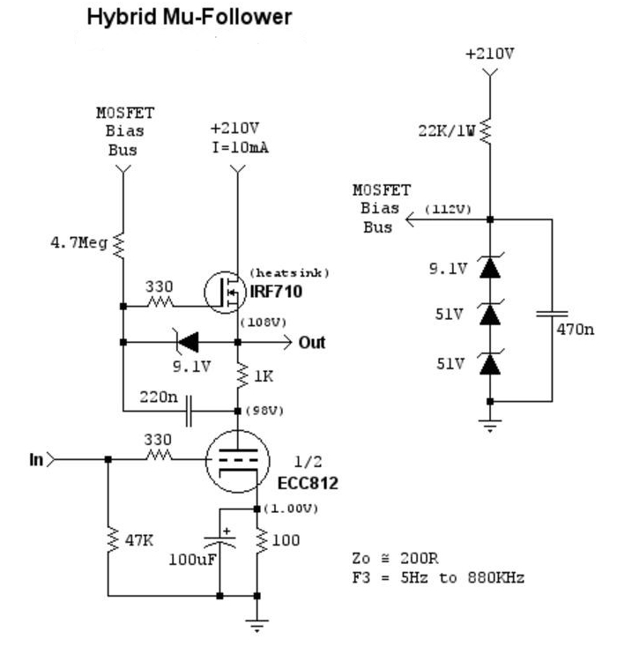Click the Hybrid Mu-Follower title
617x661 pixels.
[x=190, y=18]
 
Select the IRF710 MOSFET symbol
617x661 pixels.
[x=225, y=292]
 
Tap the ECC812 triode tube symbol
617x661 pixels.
[x=237, y=461]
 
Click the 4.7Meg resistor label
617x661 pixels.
[x=78, y=243]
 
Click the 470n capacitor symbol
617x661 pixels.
[x=552, y=314]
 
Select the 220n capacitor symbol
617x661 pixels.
[x=189, y=411]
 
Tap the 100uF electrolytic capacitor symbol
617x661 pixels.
[x=219, y=541]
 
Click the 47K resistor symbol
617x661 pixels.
[x=112, y=539]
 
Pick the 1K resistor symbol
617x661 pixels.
[x=242, y=375]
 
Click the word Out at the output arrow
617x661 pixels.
[x=312, y=342]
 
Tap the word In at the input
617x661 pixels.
[x=37, y=459]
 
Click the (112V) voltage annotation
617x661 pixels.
[x=448, y=209]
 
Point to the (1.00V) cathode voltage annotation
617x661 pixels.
[x=291, y=509]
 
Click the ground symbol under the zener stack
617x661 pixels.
[x=490, y=426]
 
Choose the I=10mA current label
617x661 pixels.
[x=240, y=147]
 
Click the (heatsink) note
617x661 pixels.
[x=289, y=272]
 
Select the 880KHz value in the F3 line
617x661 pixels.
[x=495, y=577]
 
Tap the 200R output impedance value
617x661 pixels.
[x=420, y=558]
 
